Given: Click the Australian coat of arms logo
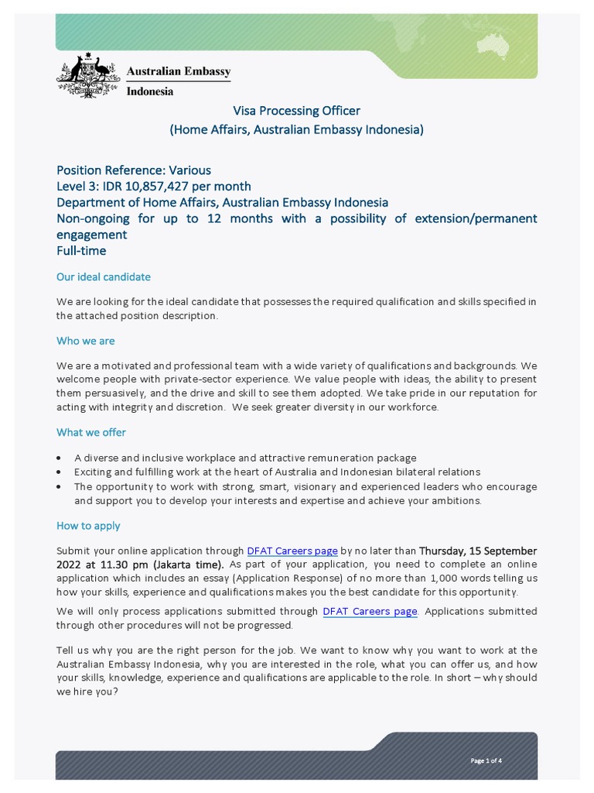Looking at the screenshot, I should pyautogui.click(x=88, y=76).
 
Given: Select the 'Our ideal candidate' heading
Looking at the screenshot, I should pyautogui.click(x=104, y=276).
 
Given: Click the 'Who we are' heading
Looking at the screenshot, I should pyautogui.click(x=86, y=341).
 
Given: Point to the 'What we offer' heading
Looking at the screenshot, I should pyautogui.click(x=91, y=432).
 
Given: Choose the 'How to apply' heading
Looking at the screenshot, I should pyautogui.click(x=88, y=525).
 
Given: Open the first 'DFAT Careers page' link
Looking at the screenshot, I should pyautogui.click(x=292, y=551).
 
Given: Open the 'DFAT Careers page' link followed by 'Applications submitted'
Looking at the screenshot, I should pyautogui.click(x=370, y=611).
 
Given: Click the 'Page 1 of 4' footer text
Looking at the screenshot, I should pyautogui.click(x=486, y=760).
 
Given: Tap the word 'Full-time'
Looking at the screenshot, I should pyautogui.click(x=81, y=251).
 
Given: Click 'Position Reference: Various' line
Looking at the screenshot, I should pyautogui.click(x=134, y=170).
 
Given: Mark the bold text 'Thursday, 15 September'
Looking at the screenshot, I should pyautogui.click(x=478, y=551).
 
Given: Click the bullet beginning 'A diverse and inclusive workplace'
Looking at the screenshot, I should pyautogui.click(x=245, y=458).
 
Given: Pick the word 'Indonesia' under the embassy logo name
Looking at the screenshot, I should pyautogui.click(x=150, y=91).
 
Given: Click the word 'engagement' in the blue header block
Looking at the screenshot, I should pyautogui.click(x=92, y=235).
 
